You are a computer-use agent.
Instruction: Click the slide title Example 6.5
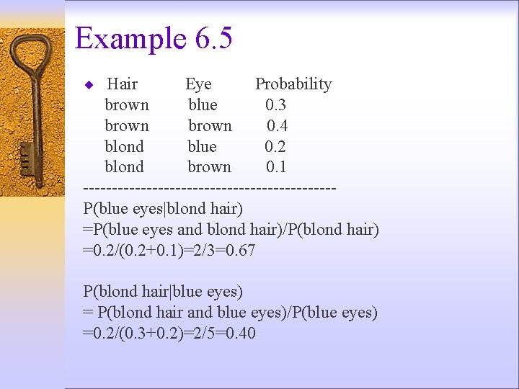pos(154,38)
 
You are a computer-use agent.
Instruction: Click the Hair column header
pos(122,84)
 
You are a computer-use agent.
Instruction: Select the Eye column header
pos(198,84)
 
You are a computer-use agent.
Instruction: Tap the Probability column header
pos(293,84)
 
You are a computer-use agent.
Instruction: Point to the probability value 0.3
pos(275,105)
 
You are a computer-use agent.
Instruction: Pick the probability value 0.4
pos(277,126)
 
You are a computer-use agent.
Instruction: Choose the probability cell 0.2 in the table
pos(275,147)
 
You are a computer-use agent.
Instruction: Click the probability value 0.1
pos(276,167)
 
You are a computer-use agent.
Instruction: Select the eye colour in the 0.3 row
pos(203,105)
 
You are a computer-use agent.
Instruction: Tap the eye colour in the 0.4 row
pos(210,126)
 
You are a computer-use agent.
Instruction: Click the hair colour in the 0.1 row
pos(125,167)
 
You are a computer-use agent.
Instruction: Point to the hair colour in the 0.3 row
pos(127,105)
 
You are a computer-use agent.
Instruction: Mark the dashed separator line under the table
pos(210,189)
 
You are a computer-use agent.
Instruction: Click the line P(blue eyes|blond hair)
pos(163,210)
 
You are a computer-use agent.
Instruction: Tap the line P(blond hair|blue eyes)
pos(163,292)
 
